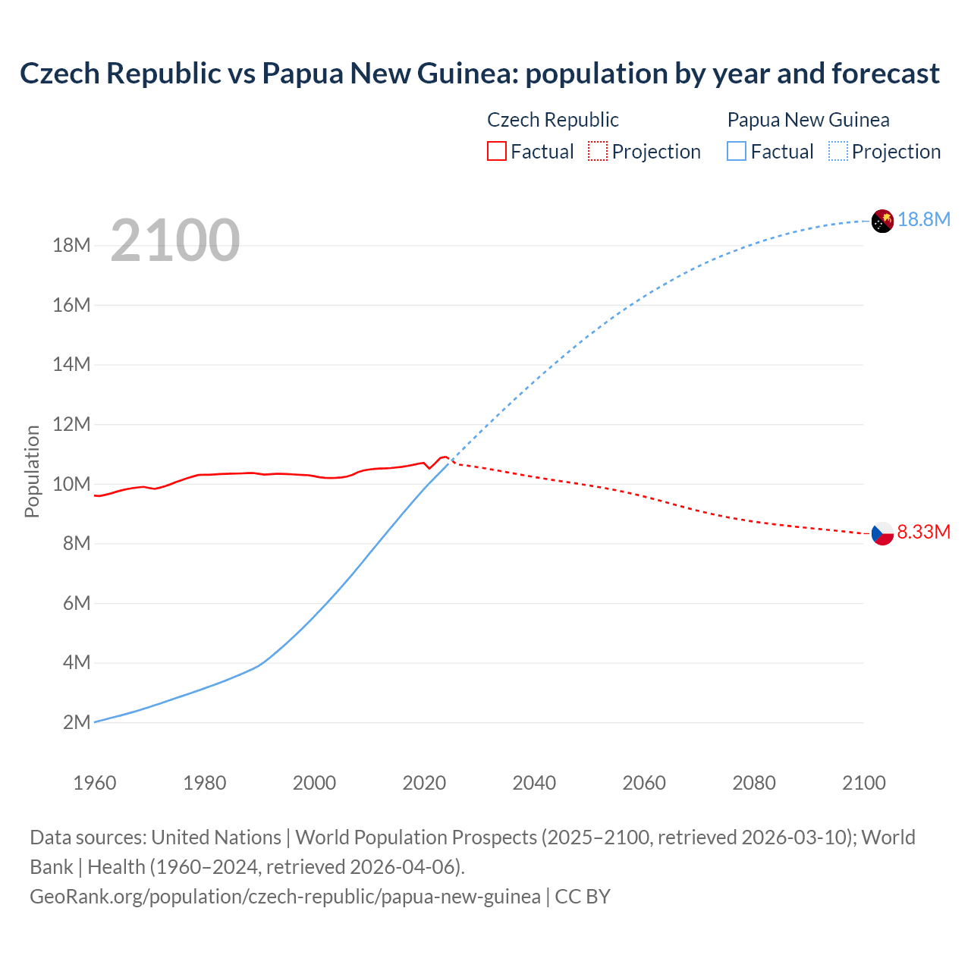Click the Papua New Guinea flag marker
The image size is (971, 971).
coord(882,221)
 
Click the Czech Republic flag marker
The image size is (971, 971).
coord(882,534)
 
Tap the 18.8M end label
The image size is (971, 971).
coord(924,219)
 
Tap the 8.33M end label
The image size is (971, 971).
coord(923,532)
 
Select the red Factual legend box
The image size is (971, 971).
coord(496,151)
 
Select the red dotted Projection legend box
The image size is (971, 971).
coord(598,151)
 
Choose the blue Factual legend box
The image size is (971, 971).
coord(736,151)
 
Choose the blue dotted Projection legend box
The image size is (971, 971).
coord(837,151)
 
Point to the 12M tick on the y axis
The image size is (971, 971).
coord(72,424)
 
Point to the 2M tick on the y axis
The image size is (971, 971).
coord(77,722)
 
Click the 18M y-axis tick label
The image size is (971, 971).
coord(72,245)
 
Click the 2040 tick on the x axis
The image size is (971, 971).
coord(534,783)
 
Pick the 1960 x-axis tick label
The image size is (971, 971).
coord(95,783)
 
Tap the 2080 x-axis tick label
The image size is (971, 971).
coord(754,783)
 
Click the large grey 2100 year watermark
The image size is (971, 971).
coord(175,240)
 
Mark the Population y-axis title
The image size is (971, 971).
coord(32,471)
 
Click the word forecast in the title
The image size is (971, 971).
coord(885,74)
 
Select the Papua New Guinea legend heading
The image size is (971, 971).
coord(808,120)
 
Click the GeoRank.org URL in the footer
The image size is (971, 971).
coord(285,896)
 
